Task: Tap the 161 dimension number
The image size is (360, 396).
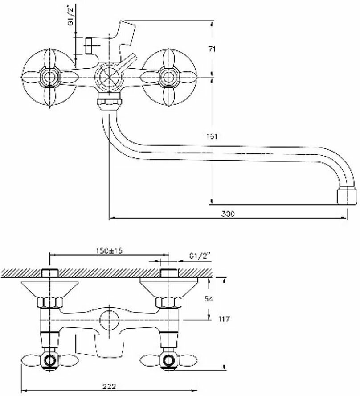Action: click(x=213, y=136)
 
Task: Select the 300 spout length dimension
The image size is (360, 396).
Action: click(x=228, y=214)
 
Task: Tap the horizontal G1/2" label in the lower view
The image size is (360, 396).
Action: click(x=199, y=256)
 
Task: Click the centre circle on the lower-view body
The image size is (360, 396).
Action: click(x=108, y=320)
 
